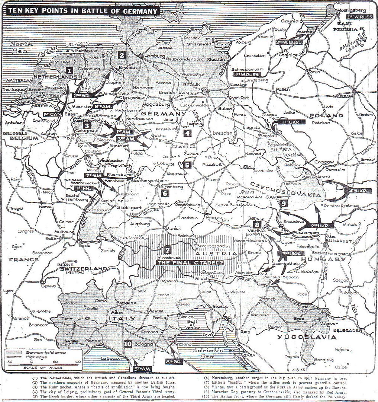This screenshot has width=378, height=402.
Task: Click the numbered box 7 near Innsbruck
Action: coord(167,251)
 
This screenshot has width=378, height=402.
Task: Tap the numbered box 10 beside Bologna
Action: coord(127,344)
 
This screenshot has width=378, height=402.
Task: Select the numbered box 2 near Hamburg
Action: coord(122,55)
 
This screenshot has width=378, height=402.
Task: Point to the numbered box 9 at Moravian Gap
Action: coord(283,203)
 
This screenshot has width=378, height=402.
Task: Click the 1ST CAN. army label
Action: coord(52,114)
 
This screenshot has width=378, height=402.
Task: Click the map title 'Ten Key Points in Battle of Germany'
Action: coord(83,12)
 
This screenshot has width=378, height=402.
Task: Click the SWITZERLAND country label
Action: coord(81,268)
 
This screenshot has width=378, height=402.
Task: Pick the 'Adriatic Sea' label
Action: coord(206,353)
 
